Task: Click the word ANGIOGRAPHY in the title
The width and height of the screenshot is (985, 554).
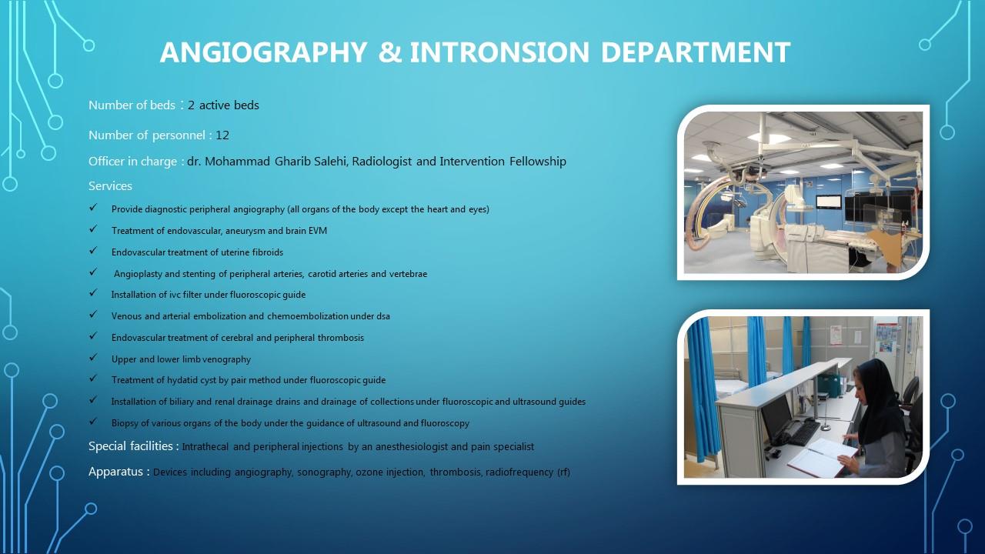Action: pos(263,52)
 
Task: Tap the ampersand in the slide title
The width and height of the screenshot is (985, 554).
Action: pos(390,52)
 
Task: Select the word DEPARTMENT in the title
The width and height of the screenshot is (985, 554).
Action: pos(696,52)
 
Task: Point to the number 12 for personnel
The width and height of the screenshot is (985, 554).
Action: pos(222,135)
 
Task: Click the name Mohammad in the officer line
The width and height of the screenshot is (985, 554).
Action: pos(238,162)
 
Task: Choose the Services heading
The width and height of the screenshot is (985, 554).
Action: pos(110,186)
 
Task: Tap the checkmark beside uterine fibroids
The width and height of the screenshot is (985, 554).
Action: pos(93,250)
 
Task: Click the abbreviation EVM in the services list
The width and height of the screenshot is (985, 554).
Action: pos(318,231)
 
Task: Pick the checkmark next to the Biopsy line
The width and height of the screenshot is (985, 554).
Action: pos(93,421)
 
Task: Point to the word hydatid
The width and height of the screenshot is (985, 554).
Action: pos(182,380)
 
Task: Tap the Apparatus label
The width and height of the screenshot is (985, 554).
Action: pos(115,472)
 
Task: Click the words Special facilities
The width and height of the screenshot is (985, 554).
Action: pos(131,446)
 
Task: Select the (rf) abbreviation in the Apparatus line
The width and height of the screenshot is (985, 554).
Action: pos(564,472)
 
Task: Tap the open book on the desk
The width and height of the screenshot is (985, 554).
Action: pos(823,457)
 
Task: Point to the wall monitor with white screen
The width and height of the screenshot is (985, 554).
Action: pos(829,202)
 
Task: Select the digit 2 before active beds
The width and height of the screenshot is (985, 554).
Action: pos(192,105)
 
